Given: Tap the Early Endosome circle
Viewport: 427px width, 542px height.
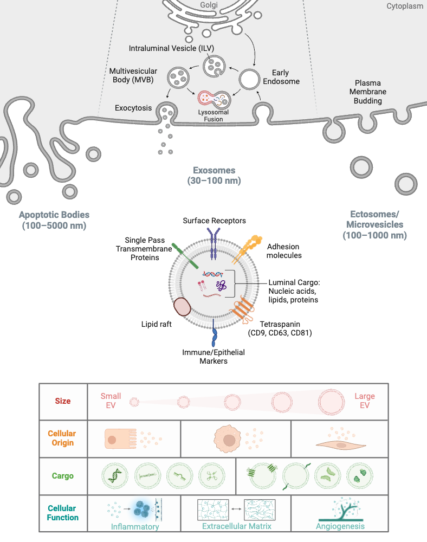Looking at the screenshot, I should [x=250, y=79].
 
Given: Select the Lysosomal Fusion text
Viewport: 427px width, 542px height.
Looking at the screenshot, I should [x=214, y=115].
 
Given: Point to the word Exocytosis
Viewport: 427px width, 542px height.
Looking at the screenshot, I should [x=133, y=108].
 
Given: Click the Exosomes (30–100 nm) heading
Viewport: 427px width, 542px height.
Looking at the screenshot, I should [x=214, y=176].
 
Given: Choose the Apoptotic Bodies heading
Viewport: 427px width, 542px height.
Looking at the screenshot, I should [x=54, y=220].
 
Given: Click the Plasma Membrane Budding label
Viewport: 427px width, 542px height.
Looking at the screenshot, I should [x=368, y=92].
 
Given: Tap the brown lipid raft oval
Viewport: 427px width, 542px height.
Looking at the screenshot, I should [x=182, y=307].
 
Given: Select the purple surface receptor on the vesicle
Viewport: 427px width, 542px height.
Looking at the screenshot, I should [x=214, y=242].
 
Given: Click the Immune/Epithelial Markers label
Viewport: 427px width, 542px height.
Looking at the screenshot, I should [x=214, y=357].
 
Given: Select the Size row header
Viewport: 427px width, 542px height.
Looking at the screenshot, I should [x=63, y=402].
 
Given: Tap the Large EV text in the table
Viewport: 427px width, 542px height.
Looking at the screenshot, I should [x=365, y=401].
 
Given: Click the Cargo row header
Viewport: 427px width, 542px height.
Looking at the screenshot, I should [x=63, y=476].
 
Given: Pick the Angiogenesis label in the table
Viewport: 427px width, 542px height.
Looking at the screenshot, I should [x=340, y=526].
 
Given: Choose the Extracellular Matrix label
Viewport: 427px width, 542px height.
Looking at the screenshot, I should [x=236, y=526].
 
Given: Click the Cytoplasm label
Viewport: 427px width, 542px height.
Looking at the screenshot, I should [x=405, y=6].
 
